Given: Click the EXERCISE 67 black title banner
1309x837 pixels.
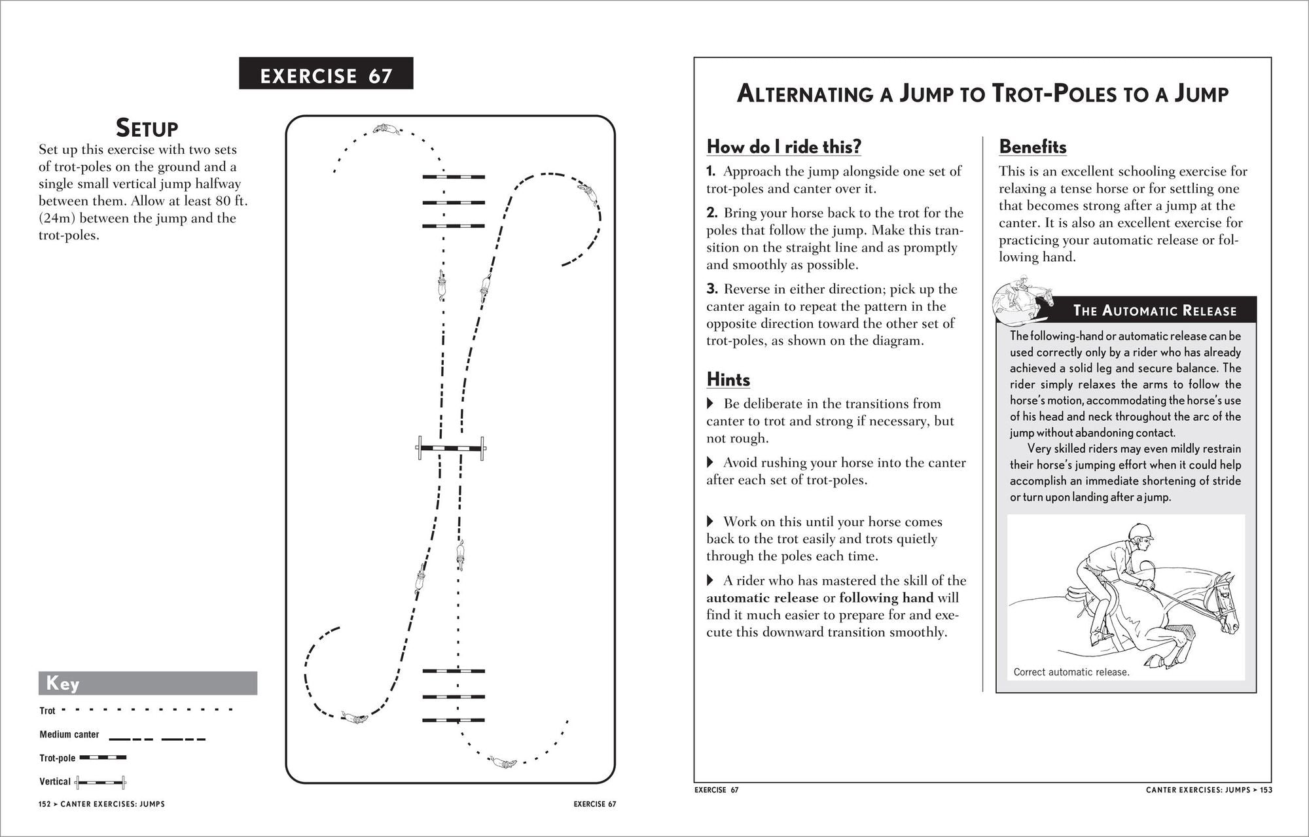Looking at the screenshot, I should tap(326, 73).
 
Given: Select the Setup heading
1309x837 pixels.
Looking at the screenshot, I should tap(147, 128).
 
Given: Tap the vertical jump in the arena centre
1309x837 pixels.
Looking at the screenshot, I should tap(452, 448).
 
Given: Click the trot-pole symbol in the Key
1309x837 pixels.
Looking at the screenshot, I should tap(103, 758).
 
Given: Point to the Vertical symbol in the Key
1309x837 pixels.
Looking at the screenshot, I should tap(100, 781).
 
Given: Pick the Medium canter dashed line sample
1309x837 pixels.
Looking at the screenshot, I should tap(157, 739).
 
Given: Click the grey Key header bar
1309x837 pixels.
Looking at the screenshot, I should tap(147, 683).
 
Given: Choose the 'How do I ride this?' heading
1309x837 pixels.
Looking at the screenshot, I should tap(783, 147).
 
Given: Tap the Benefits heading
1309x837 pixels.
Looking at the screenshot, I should tap(1032, 147).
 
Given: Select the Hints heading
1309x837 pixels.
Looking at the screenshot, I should tap(728, 380).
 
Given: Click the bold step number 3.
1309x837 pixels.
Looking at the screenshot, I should tap(712, 289).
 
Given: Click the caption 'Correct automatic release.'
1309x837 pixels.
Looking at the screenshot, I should tap(1071, 672).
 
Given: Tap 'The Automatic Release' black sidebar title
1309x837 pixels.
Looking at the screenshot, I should tap(1155, 310).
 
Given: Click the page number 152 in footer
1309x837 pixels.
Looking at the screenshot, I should tap(44, 804).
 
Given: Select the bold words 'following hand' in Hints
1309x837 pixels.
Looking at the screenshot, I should tap(886, 597).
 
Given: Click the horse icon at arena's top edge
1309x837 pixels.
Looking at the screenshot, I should tap(386, 130).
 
